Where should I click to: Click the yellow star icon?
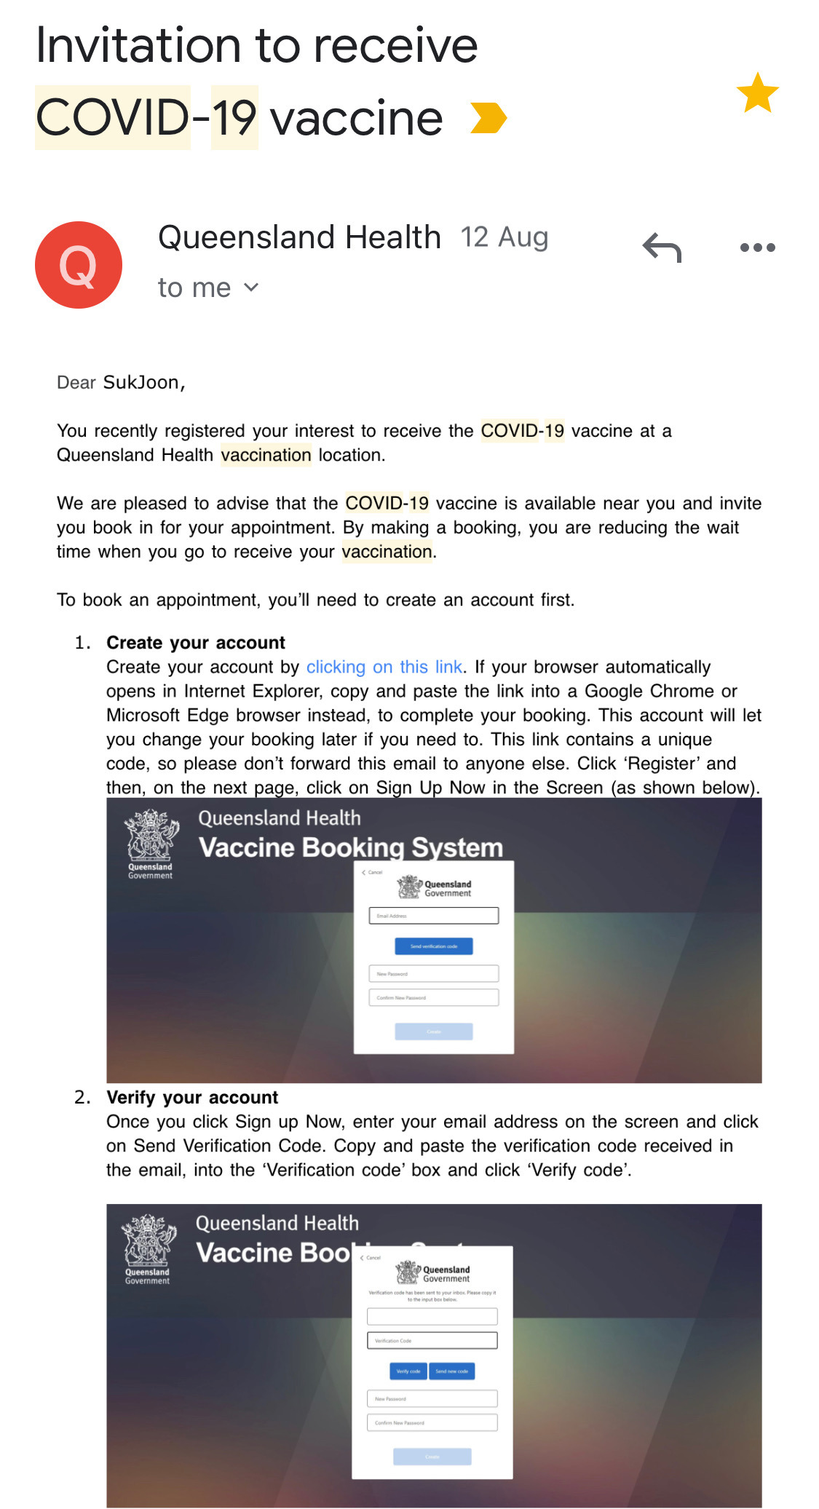tap(757, 93)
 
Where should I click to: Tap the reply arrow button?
tap(662, 248)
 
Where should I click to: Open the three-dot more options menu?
tap(757, 247)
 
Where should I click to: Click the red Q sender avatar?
tap(79, 265)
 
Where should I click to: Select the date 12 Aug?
tap(505, 237)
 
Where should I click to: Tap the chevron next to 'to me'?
tap(251, 288)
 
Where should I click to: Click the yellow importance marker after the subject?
tap(488, 118)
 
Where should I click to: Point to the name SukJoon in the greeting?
tap(143, 382)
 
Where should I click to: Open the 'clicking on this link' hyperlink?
tap(384, 667)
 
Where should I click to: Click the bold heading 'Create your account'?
tap(196, 643)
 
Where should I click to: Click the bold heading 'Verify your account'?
tap(192, 1097)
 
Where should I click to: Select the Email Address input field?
tap(434, 916)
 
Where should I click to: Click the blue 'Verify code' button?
tap(408, 1371)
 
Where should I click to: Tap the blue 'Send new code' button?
tap(452, 1371)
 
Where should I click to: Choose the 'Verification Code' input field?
tap(432, 1340)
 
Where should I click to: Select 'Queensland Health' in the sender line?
tap(299, 237)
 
